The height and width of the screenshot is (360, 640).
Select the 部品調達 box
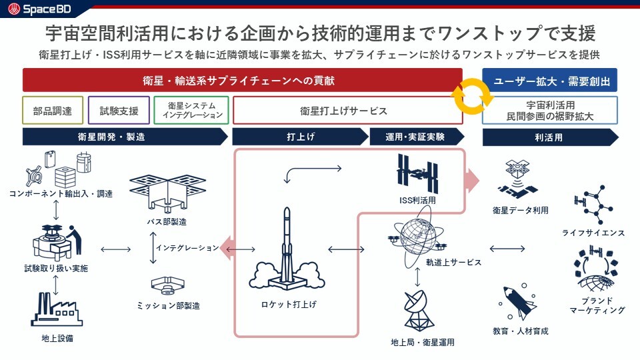[x=53, y=110]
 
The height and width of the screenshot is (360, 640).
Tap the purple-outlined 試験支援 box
[x=118, y=110]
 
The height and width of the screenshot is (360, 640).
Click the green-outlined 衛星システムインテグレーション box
[x=191, y=110]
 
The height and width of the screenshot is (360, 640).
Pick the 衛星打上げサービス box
[x=347, y=110]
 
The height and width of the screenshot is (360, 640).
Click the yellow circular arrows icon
[x=472, y=96]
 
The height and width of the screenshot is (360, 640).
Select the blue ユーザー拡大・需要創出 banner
[x=549, y=81]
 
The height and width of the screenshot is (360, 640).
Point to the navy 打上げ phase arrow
[x=300, y=137]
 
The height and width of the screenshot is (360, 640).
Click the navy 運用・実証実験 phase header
[x=417, y=137]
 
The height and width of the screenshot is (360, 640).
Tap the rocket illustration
[x=285, y=257]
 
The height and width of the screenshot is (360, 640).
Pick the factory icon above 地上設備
[x=56, y=309]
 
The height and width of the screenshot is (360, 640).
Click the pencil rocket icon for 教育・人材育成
[x=517, y=301]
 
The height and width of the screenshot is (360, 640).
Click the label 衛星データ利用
[x=520, y=211]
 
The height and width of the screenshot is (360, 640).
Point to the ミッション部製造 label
[x=169, y=306]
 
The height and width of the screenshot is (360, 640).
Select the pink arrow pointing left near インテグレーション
[x=228, y=248]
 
